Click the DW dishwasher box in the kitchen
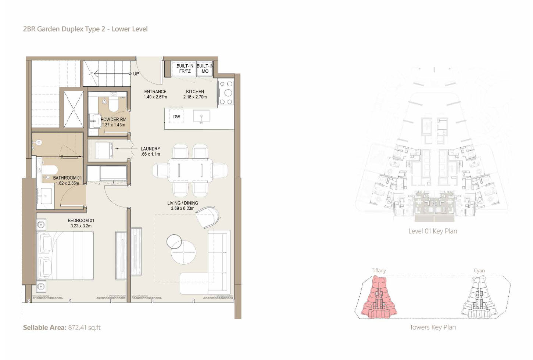click(x=176, y=116)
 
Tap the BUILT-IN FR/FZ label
click(x=185, y=68)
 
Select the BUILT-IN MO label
click(x=205, y=68)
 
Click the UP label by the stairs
click(x=136, y=74)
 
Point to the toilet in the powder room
click(x=113, y=105)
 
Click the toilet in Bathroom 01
click(x=50, y=170)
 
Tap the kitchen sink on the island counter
click(x=201, y=117)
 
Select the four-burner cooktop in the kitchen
click(x=226, y=93)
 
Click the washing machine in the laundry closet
click(x=104, y=150)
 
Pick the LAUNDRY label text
click(x=150, y=149)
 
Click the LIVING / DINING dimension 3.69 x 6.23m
click(x=182, y=209)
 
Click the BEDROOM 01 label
click(x=81, y=220)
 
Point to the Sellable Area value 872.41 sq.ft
click(x=84, y=327)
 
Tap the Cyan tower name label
click(x=479, y=271)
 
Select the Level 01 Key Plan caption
click(x=433, y=231)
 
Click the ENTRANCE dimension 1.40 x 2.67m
click(x=155, y=97)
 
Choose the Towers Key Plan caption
click(x=433, y=327)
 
